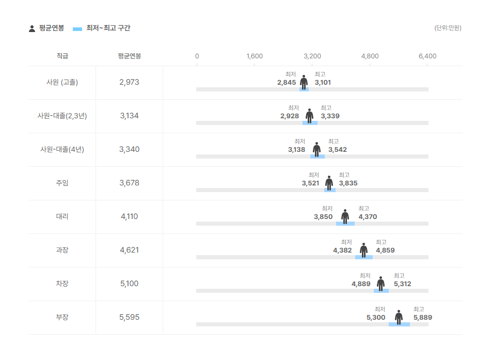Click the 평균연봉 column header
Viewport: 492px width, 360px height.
(129, 56)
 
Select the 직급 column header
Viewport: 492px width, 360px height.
(62, 56)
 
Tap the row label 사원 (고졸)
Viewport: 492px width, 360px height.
(62, 82)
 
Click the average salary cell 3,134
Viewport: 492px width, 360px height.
(129, 116)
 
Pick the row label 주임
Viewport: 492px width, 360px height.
(62, 183)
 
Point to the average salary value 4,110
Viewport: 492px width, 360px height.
(129, 216)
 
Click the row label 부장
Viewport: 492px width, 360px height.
(62, 317)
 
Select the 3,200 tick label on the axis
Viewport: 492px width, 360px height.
(312, 56)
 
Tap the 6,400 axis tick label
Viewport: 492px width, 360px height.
(427, 56)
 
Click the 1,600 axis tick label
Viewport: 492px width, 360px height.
(255, 56)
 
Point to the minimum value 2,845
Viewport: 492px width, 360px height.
(287, 83)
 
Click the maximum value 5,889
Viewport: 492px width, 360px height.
(423, 318)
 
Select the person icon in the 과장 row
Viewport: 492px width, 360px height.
(364, 250)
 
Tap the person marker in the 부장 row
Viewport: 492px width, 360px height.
(399, 317)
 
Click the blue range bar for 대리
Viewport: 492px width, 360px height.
(345, 224)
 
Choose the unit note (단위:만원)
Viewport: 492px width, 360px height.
(448, 28)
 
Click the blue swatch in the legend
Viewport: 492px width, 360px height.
(77, 28)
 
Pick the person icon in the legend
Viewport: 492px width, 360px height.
(32, 28)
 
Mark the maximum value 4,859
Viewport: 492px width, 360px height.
(385, 251)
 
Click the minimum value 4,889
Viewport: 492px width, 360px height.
(361, 284)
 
